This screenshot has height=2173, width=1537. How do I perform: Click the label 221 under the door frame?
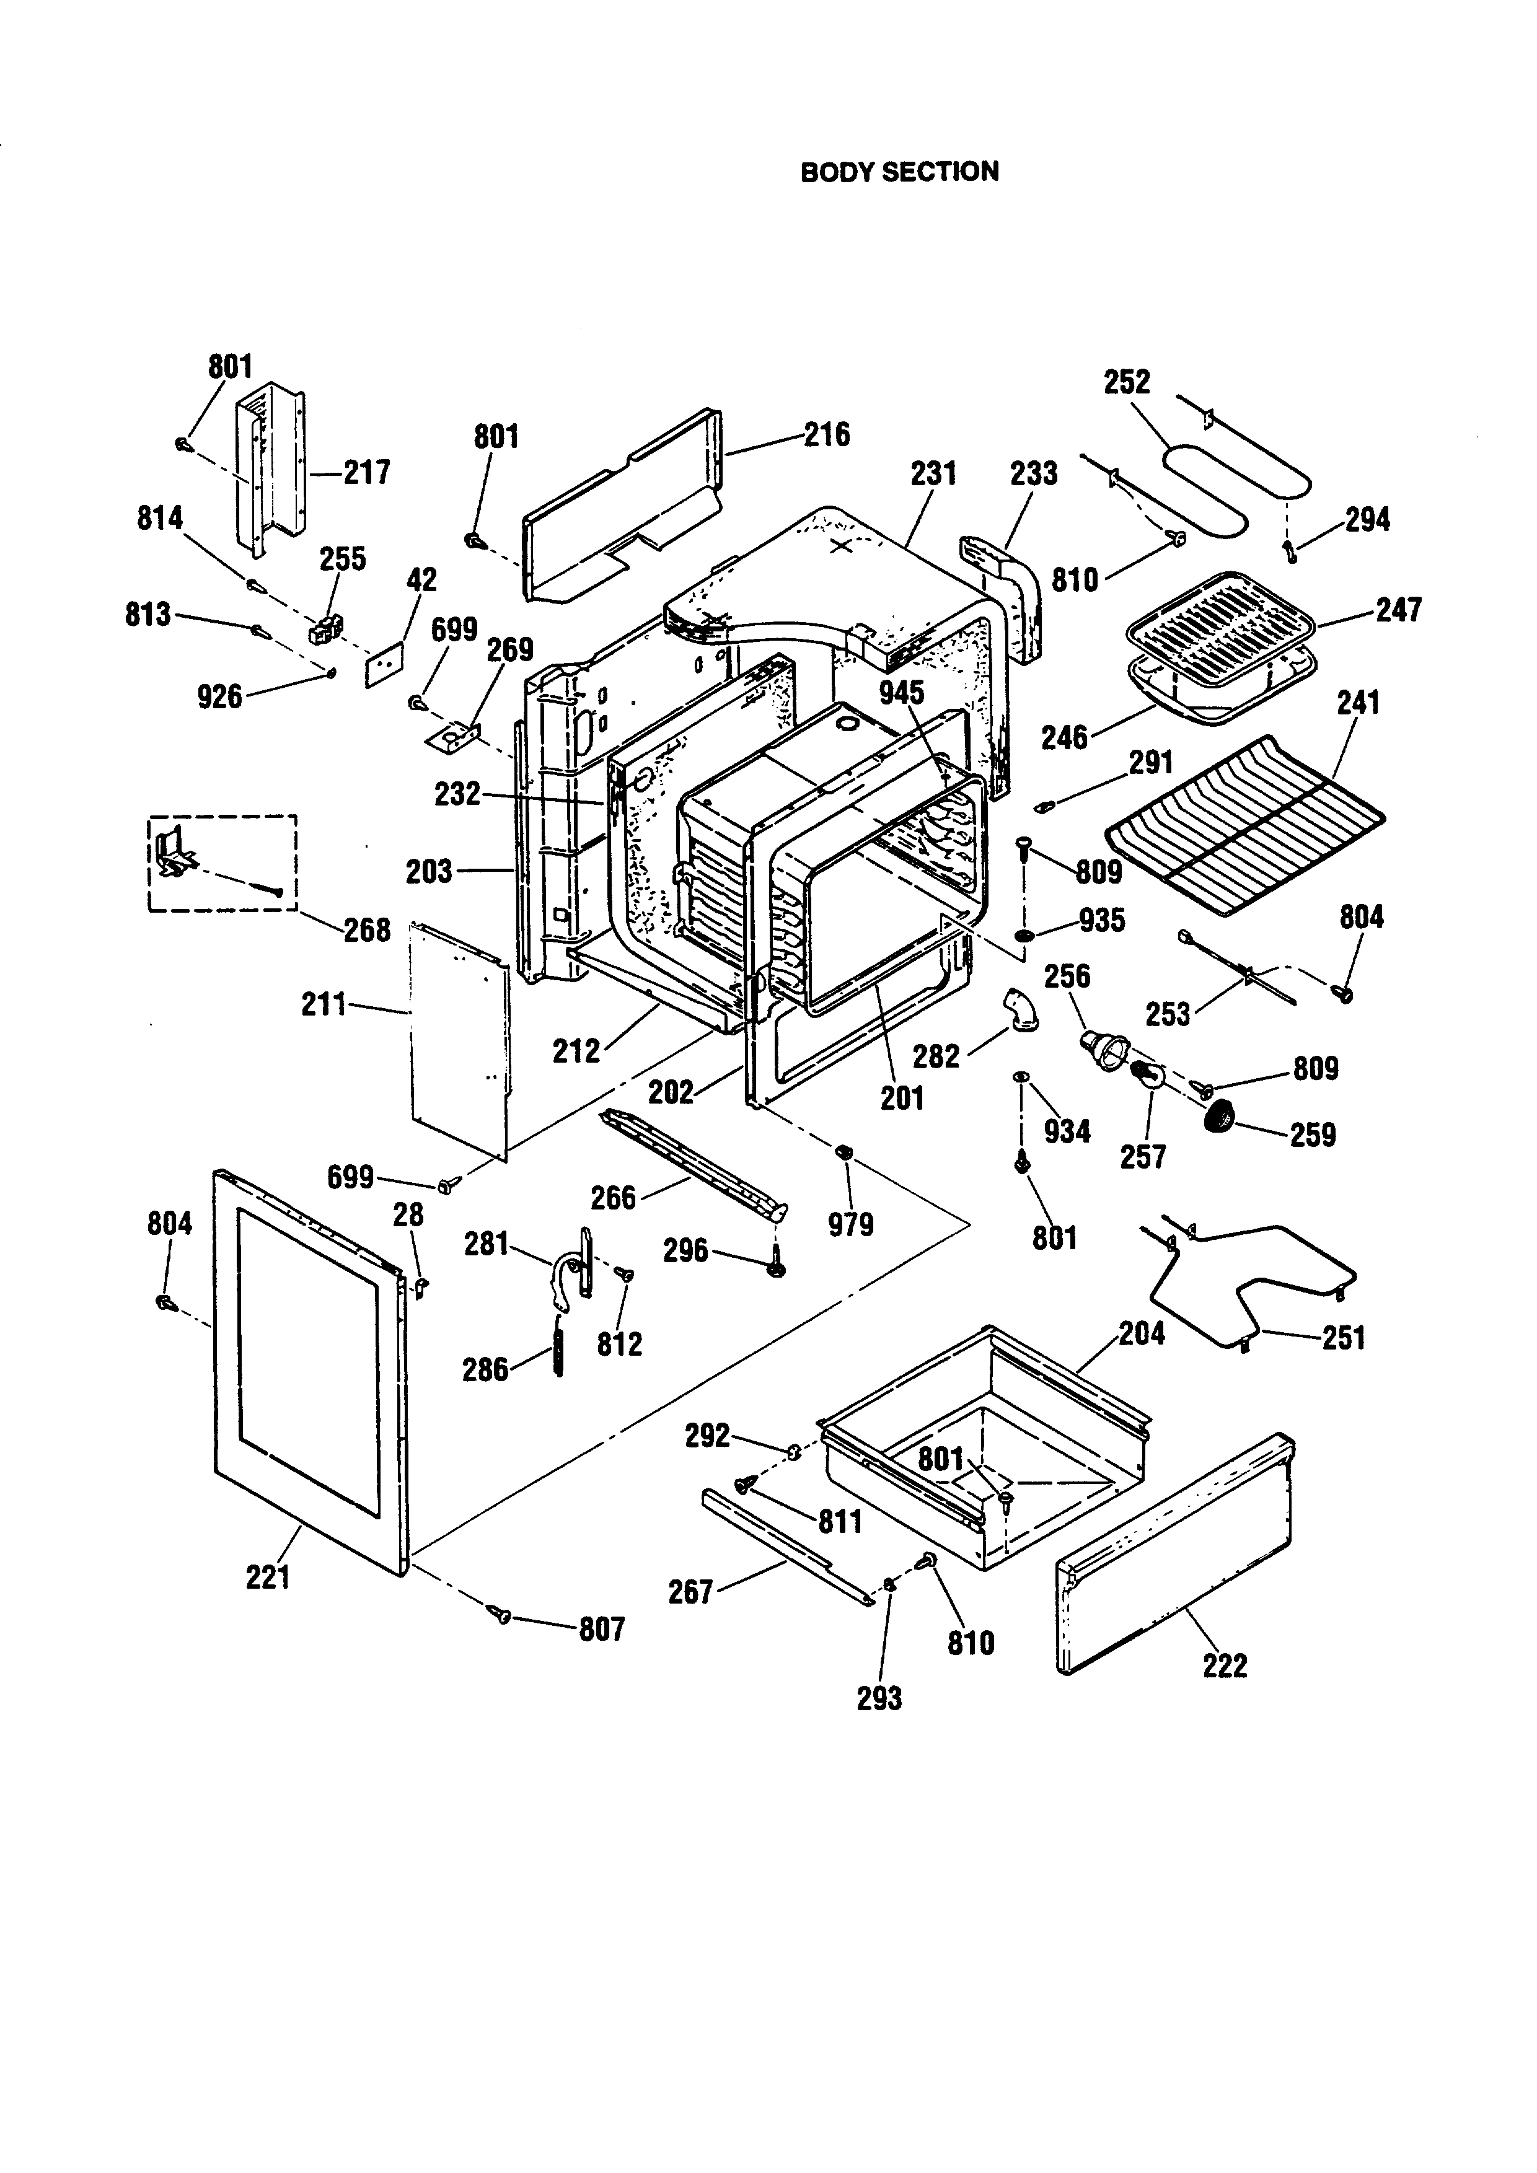pos(268,1578)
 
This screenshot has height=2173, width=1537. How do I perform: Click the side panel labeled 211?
pos(459,1041)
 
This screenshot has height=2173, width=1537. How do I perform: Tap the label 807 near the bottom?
pos(602,1629)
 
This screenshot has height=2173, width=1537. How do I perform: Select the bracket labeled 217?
pos(275,463)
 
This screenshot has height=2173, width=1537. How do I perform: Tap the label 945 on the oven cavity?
pos(901,692)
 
